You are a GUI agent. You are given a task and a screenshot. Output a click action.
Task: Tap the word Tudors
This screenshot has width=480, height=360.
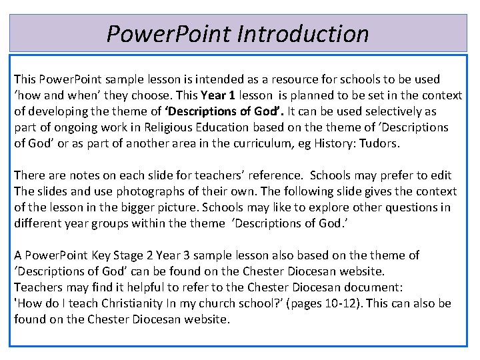[x=381, y=143]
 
